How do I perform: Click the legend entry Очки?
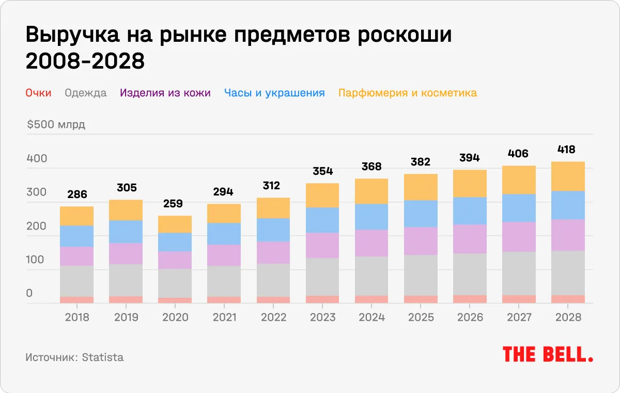[38, 93]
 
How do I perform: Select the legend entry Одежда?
[86, 93]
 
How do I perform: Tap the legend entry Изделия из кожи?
[165, 93]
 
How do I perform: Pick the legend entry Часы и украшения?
[274, 93]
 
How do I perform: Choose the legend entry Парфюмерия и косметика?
[407, 93]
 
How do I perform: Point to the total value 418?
[567, 150]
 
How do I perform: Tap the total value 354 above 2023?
[322, 171]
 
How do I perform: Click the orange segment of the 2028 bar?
[567, 176]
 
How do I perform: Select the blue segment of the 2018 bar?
[76, 236]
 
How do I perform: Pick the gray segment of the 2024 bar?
[371, 276]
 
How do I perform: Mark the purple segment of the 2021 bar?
[224, 255]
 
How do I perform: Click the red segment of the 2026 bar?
[469, 299]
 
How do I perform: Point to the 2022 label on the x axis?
[273, 317]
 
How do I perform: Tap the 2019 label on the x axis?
[126, 317]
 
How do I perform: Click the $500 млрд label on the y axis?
[56, 125]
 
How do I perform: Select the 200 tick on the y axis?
[37, 226]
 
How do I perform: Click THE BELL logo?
[548, 354]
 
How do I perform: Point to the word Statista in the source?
[103, 357]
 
